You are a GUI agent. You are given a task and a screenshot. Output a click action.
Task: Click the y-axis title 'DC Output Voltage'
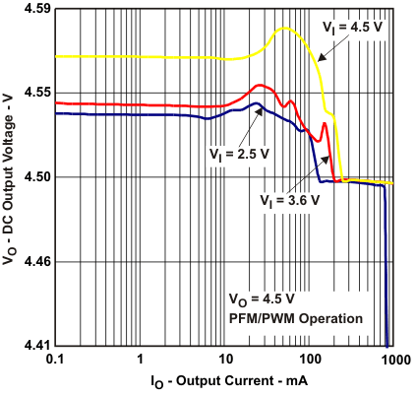click(x=10, y=177)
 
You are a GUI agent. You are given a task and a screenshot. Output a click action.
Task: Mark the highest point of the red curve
click(x=260, y=85)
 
